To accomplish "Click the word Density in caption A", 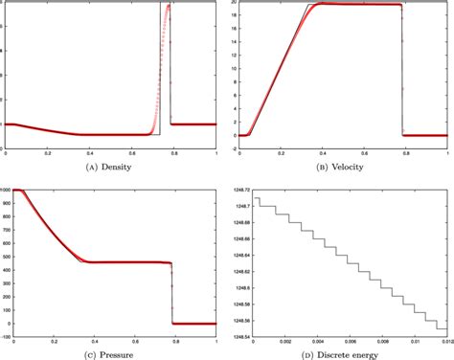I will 123,168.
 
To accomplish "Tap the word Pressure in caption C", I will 120,354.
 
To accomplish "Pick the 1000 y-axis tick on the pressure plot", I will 7,190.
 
